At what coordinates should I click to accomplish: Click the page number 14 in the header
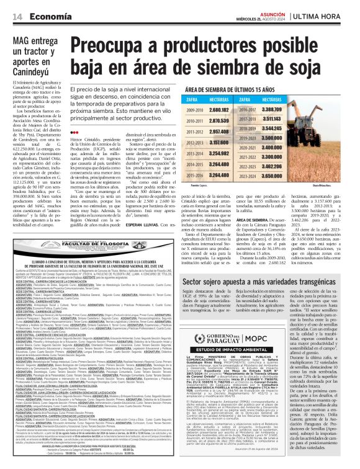[x=18, y=16]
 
